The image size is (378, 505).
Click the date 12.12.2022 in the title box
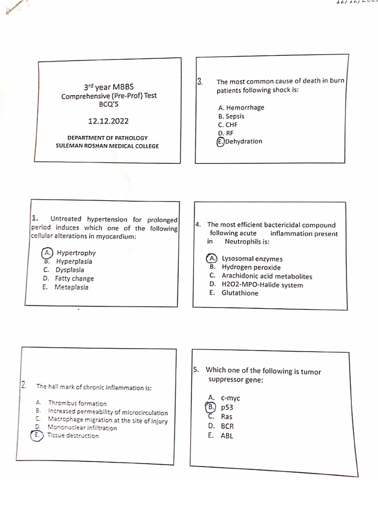(109, 121)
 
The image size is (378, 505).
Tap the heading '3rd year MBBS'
(109, 87)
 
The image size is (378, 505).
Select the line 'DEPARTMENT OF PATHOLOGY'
(107, 138)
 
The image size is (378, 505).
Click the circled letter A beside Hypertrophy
(47, 252)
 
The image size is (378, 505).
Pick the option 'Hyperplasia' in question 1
(74, 261)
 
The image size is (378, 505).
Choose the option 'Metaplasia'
(71, 287)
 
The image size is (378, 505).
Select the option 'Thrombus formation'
(77, 403)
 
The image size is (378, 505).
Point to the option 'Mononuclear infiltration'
(82, 428)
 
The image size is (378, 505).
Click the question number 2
(23, 385)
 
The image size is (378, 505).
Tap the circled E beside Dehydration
(220, 142)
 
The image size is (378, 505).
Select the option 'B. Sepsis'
(231, 116)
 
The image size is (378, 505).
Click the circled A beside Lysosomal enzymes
(212, 258)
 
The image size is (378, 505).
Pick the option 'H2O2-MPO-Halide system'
(262, 285)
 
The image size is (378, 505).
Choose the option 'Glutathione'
(240, 293)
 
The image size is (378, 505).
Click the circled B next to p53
(211, 407)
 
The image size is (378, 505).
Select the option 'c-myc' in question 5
(231, 398)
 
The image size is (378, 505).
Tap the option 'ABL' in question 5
(227, 435)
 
